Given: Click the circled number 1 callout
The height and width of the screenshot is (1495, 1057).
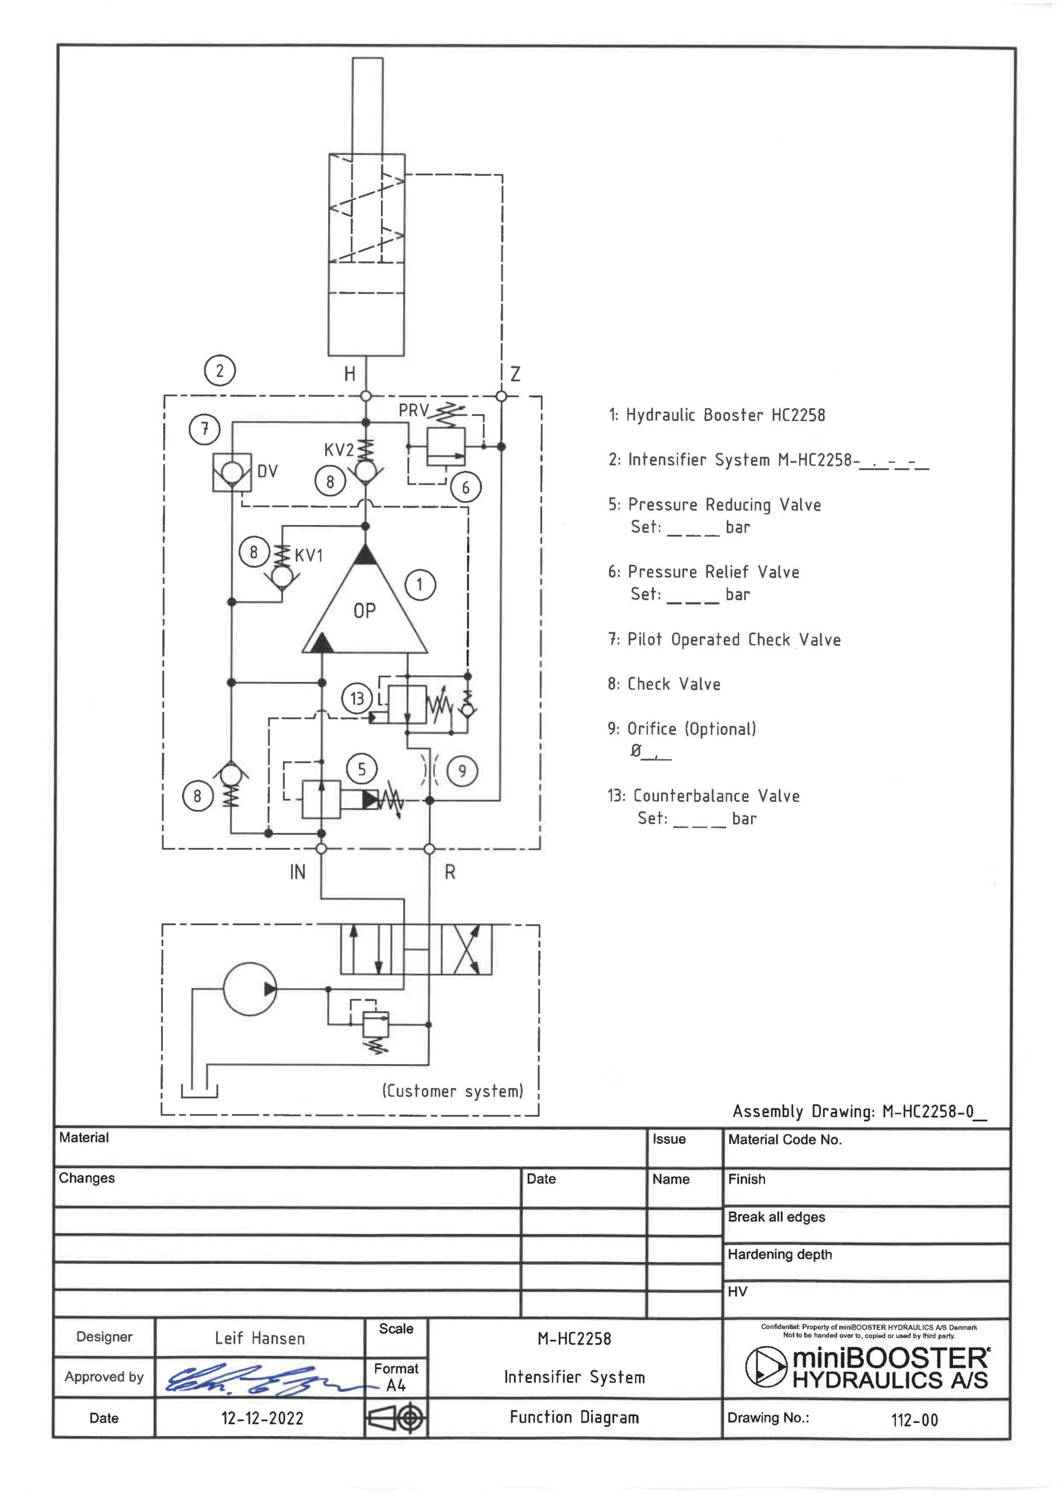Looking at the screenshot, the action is click(420, 585).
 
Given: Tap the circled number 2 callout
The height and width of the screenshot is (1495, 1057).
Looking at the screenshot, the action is click(219, 370).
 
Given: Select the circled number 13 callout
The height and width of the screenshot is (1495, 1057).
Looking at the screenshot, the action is click(357, 698).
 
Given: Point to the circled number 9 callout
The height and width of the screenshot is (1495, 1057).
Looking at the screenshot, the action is click(462, 771).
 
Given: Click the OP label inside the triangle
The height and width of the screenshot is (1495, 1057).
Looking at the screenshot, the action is click(364, 611).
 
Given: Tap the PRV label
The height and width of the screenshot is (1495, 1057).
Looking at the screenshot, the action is click(413, 410).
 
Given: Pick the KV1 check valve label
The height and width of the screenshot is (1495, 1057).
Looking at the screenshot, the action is click(309, 555).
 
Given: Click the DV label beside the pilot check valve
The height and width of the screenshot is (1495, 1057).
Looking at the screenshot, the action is click(267, 471).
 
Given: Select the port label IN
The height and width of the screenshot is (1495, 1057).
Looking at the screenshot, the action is click(298, 872).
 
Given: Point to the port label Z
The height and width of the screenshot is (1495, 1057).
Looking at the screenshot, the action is click(515, 374).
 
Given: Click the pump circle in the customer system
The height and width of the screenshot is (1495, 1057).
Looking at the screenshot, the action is click(250, 989).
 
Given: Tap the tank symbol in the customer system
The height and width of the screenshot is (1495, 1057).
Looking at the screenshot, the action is click(199, 1091).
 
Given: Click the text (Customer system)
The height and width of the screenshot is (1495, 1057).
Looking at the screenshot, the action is click(452, 1091).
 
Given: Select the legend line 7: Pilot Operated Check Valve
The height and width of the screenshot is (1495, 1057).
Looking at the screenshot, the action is click(724, 639).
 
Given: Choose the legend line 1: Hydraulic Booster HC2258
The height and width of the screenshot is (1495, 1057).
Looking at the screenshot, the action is click(717, 415).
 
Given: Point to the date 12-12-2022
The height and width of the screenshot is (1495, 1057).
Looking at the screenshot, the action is click(262, 1417).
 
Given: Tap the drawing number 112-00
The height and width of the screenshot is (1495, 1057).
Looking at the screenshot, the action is click(915, 1420).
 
